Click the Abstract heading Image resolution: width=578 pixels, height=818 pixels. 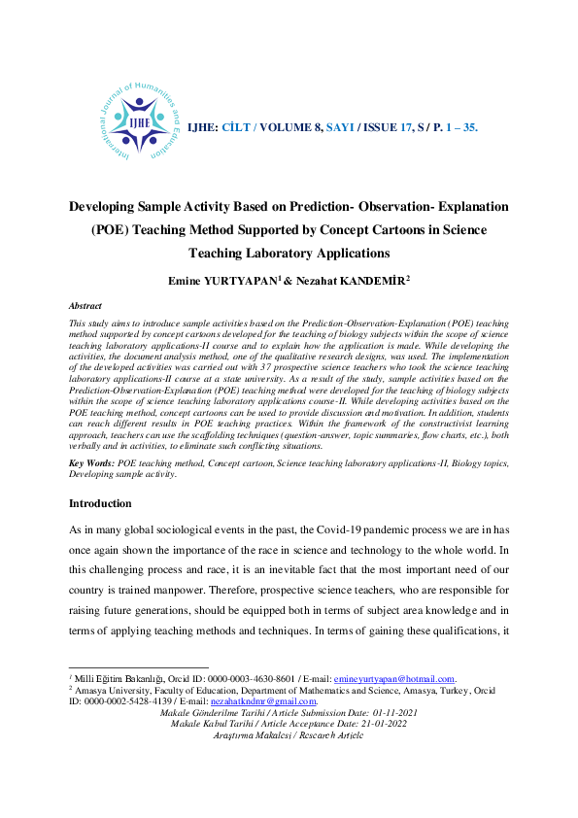pyautogui.click(x=85, y=305)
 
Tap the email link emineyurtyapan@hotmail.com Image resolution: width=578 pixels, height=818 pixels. pyautogui.click(x=394, y=678)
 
